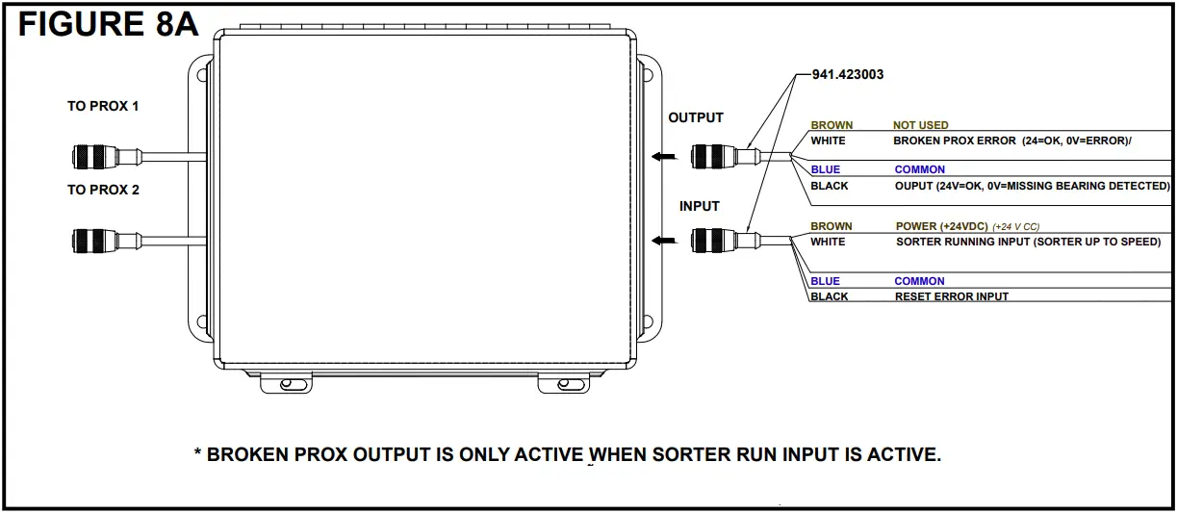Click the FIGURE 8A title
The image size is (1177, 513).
point(108,24)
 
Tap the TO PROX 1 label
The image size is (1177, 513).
point(103,106)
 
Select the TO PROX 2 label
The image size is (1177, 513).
point(103,190)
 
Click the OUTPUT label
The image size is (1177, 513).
point(695,117)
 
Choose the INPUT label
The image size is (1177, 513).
point(700,206)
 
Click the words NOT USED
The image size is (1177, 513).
point(920,125)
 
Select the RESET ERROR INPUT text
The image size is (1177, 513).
point(951,296)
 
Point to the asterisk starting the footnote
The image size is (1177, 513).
point(198,453)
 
